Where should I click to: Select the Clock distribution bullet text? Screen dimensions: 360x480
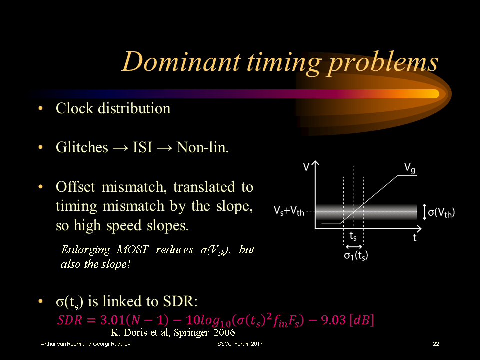(x=113, y=108)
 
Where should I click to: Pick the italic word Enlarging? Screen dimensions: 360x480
(x=87, y=250)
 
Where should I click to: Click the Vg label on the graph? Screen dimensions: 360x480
(x=410, y=168)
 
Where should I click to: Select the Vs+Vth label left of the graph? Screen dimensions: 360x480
(x=289, y=211)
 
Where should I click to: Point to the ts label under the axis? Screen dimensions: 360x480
(x=353, y=236)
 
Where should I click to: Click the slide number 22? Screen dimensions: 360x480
(x=436, y=344)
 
